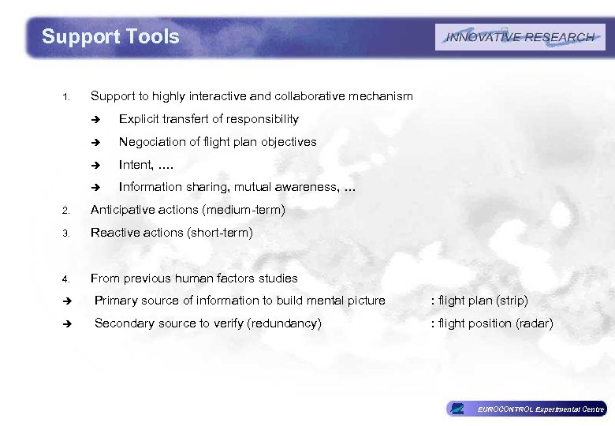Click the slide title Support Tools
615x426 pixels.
(x=110, y=36)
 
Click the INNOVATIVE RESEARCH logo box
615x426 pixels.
(x=520, y=37)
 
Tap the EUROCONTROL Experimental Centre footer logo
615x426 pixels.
(x=526, y=409)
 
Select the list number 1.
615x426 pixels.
(x=67, y=98)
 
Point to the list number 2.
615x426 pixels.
(x=67, y=211)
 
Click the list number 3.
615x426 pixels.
(x=67, y=234)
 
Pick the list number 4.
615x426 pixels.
(x=67, y=278)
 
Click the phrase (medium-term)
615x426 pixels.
(x=243, y=211)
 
